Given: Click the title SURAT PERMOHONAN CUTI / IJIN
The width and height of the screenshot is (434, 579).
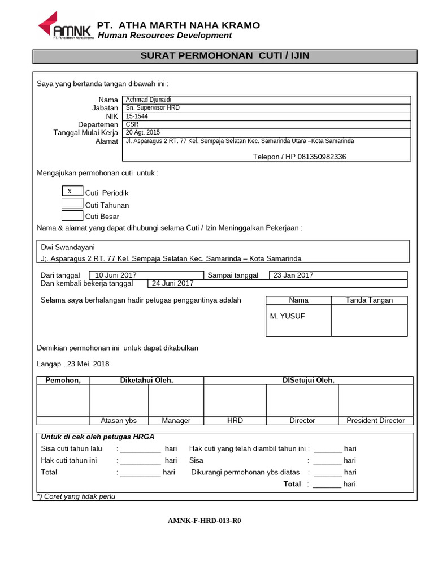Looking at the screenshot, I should click(224, 56).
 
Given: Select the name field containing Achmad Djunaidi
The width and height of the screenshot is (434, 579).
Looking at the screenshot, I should click(145, 100).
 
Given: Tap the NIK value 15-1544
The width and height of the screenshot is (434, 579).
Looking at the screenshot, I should click(137, 116).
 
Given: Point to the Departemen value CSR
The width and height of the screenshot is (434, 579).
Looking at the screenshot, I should click(132, 124).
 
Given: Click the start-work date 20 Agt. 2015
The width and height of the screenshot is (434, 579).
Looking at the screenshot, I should click(143, 132).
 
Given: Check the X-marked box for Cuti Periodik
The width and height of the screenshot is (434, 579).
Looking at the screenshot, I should click(72, 192).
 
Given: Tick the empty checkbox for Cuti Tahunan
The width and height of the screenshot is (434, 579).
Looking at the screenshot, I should click(72, 204).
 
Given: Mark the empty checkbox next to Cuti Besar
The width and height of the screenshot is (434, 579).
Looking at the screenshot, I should click(72, 215).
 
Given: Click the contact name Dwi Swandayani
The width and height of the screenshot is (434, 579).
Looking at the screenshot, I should click(68, 247).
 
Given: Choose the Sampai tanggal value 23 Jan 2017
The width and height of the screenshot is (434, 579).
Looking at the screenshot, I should click(293, 275).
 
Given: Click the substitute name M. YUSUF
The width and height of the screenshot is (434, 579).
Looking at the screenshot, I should click(287, 316).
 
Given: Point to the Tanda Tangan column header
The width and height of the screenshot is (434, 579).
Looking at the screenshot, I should click(369, 300).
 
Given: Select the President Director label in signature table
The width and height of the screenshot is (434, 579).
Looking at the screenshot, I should click(376, 420).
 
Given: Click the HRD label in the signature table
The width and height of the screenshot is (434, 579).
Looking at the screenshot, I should click(235, 420).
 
